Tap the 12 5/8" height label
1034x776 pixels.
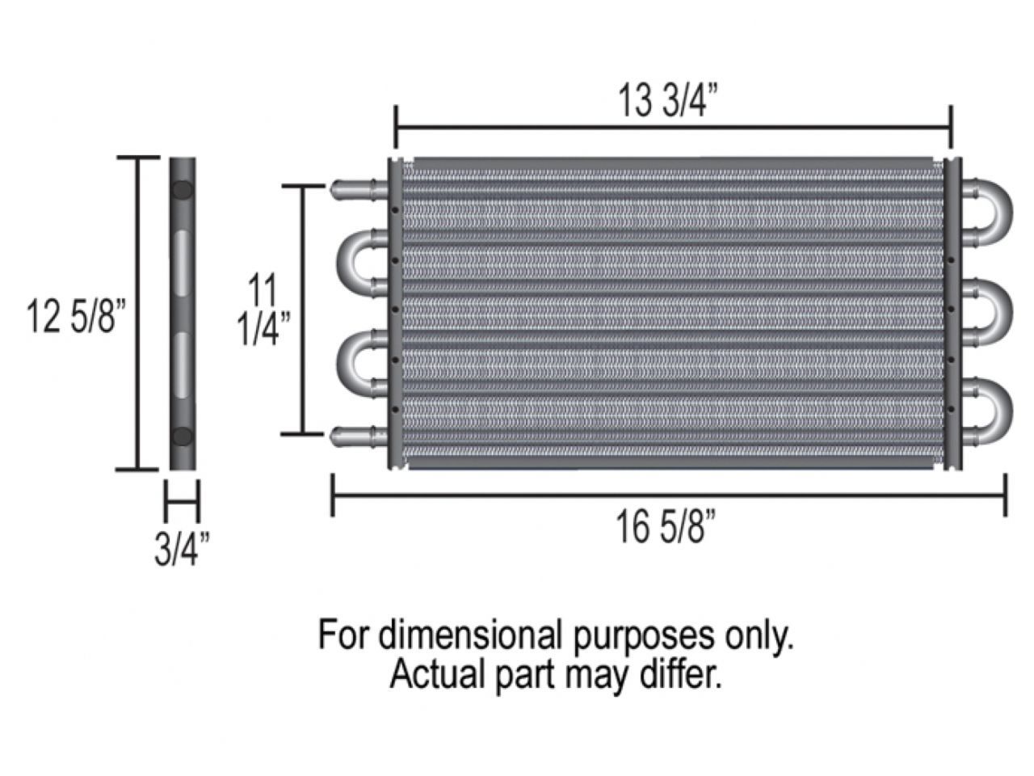77,315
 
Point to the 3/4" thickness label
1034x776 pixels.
182,548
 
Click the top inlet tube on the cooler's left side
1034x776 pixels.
355,188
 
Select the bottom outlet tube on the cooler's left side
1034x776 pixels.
355,437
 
